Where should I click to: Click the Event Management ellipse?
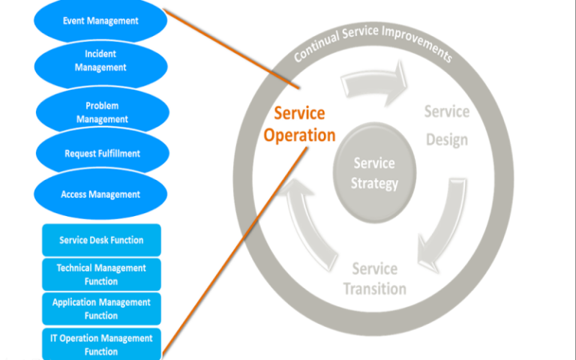pyautogui.click(x=100, y=21)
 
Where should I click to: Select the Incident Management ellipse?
pyautogui.click(x=101, y=61)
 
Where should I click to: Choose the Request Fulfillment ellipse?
pyautogui.click(x=102, y=154)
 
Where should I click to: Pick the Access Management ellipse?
pyautogui.click(x=100, y=194)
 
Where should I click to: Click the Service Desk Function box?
pyautogui.click(x=101, y=241)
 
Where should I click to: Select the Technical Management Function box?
pyautogui.click(x=101, y=274)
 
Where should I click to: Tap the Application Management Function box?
pyautogui.click(x=101, y=309)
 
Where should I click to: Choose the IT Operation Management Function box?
pyautogui.click(x=101, y=344)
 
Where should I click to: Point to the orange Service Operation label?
pyautogui.click(x=299, y=124)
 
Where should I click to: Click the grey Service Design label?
pyautogui.click(x=447, y=125)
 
